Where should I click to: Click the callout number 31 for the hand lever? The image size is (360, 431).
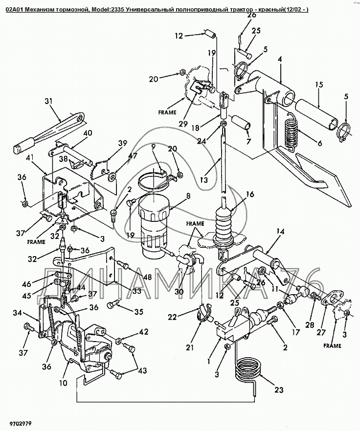tap(48, 102)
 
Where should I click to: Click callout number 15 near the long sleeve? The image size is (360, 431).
tap(318, 85)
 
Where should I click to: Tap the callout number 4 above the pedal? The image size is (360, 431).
tap(280, 59)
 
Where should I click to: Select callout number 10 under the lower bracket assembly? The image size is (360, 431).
tap(63, 384)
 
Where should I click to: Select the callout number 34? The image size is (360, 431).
tap(17, 313)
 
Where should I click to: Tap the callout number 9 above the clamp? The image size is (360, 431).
tap(153, 146)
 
